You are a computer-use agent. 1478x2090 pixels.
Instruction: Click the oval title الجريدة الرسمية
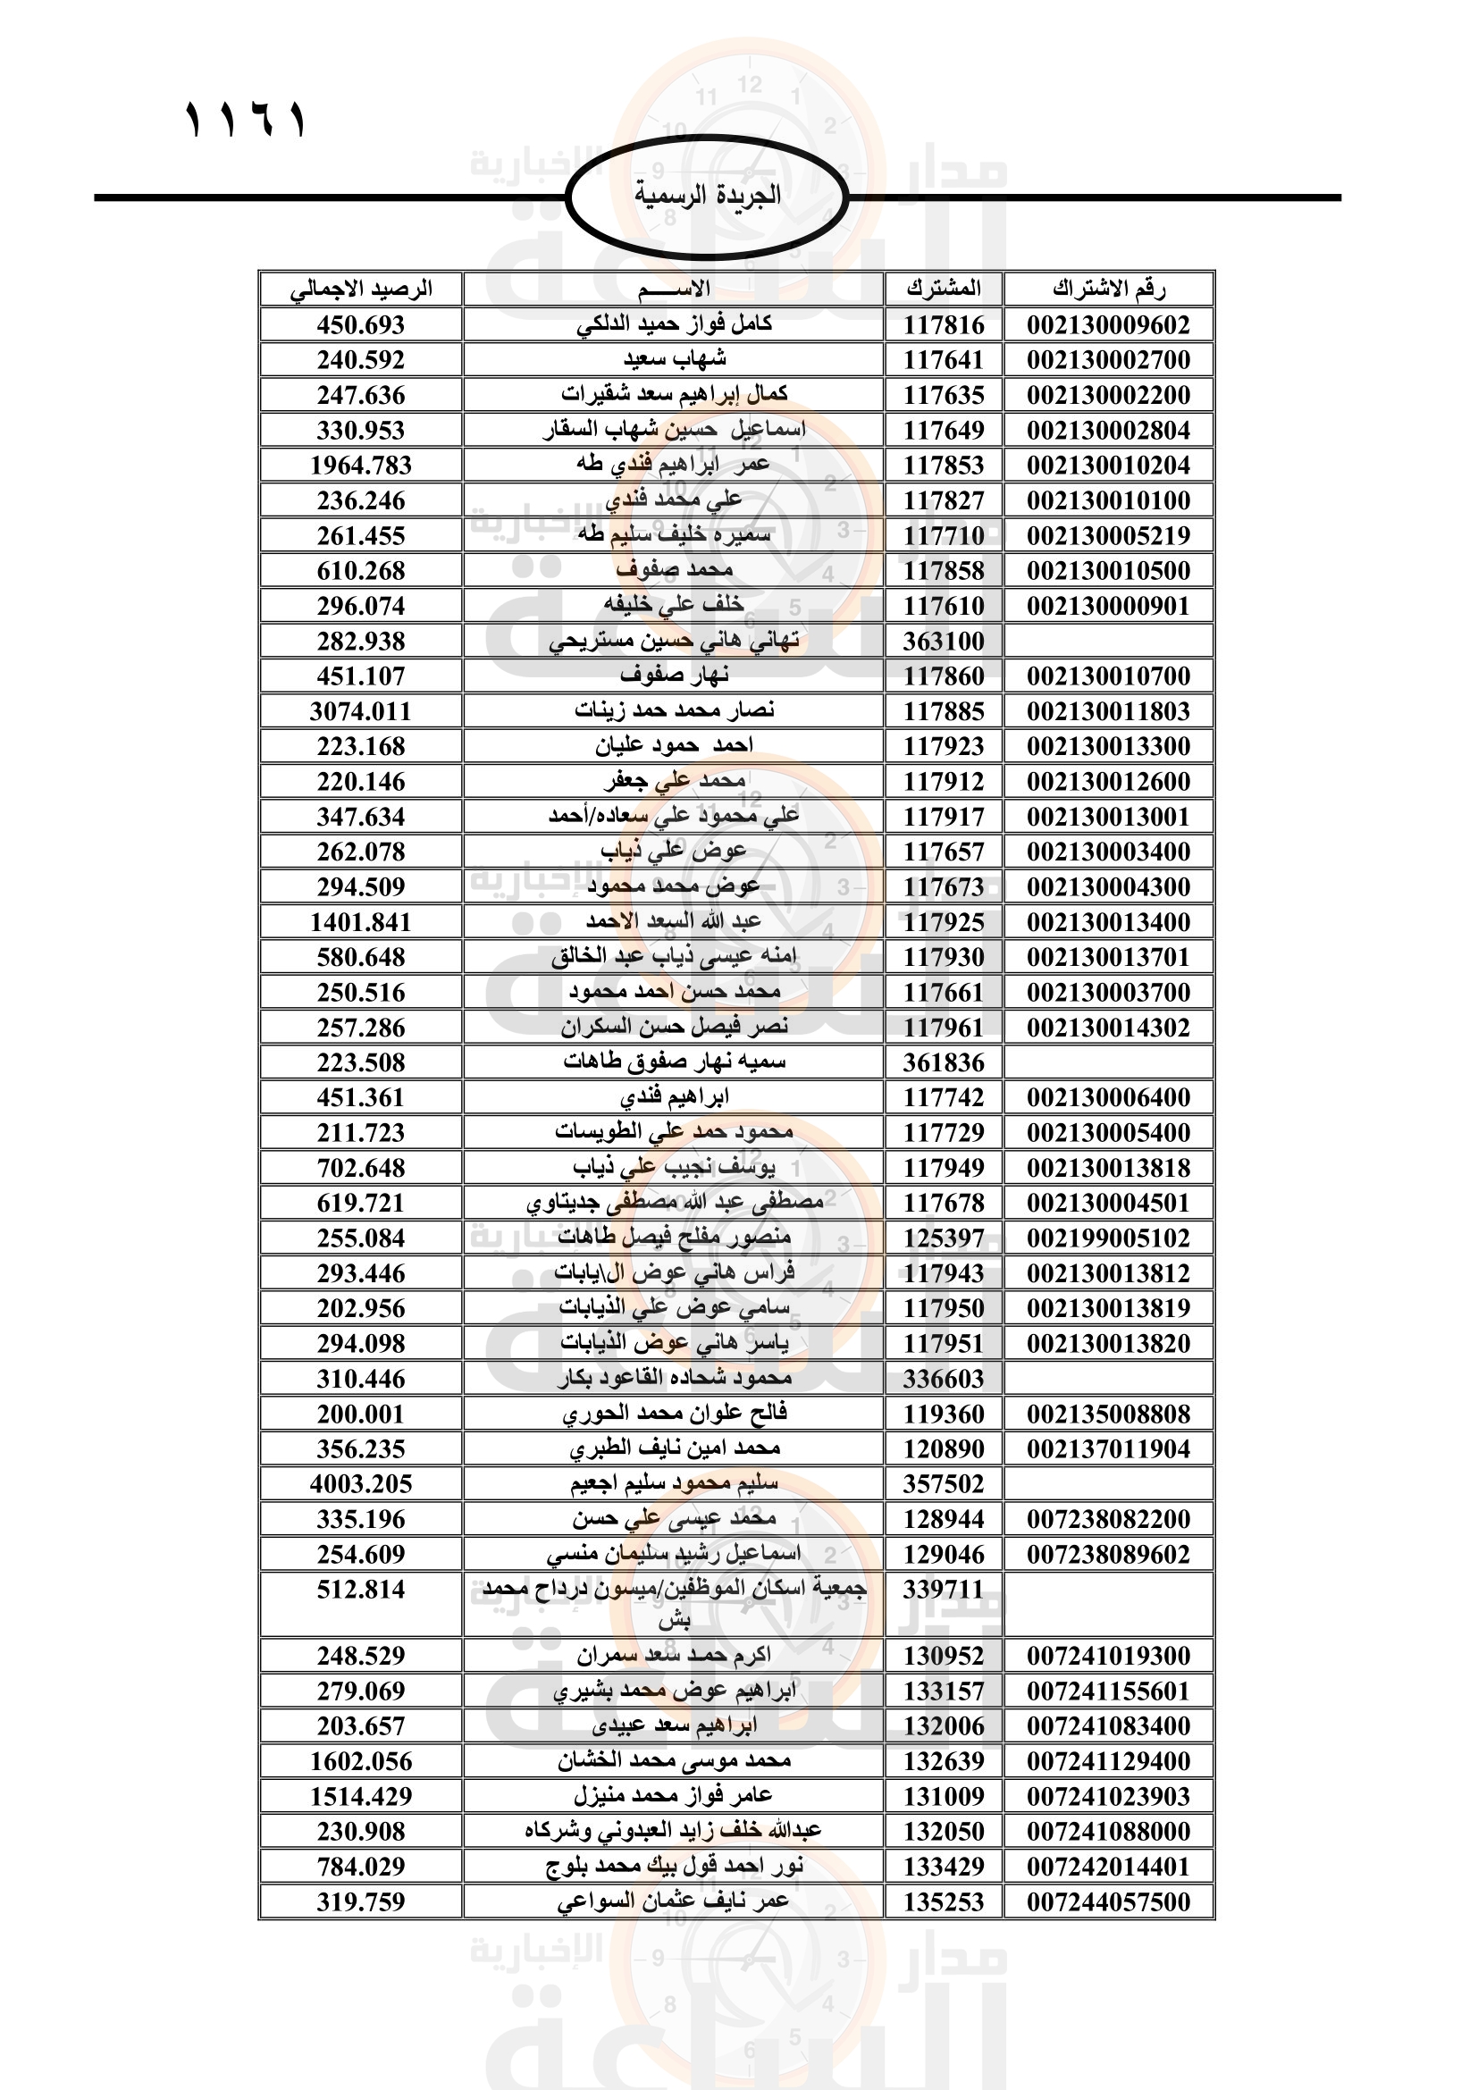click(707, 195)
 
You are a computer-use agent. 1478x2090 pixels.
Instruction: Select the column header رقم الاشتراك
click(1108, 290)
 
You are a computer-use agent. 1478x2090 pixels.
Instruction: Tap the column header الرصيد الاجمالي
click(360, 290)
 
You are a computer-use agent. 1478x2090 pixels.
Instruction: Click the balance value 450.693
click(360, 325)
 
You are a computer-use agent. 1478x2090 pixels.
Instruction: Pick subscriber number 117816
click(944, 325)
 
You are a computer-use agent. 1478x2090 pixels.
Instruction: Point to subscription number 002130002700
click(1108, 360)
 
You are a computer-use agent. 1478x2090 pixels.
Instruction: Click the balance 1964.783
click(360, 466)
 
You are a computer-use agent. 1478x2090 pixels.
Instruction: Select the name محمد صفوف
click(674, 571)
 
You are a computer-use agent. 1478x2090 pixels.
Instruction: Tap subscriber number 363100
click(944, 642)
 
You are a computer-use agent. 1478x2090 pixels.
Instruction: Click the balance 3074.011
click(360, 712)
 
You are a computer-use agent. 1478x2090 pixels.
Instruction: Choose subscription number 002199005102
click(1108, 1238)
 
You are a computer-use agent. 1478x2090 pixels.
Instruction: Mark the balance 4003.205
click(360, 1485)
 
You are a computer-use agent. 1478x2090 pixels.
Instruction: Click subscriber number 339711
click(944, 1591)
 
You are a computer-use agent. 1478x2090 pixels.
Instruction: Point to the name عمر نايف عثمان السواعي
click(674, 1902)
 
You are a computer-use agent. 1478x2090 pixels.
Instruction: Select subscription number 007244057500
click(1108, 1902)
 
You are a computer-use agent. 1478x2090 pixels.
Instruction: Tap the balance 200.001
click(360, 1414)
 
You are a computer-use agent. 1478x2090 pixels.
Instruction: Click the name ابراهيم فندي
click(674, 1098)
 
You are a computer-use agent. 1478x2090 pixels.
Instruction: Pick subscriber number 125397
click(944, 1238)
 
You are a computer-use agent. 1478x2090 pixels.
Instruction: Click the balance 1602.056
click(360, 1761)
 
